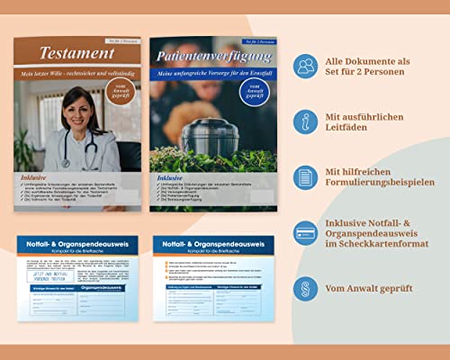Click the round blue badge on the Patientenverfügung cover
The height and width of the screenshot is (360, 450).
coord(252,92)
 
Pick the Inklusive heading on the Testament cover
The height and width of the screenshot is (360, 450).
coord(35,178)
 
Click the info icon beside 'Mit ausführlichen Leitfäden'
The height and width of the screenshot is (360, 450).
coord(305,121)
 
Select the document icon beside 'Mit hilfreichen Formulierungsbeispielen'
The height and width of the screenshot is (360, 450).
coord(305,177)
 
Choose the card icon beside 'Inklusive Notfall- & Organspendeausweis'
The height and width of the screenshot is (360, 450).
coord(305,232)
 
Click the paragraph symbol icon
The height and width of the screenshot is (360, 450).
coord(305,288)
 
